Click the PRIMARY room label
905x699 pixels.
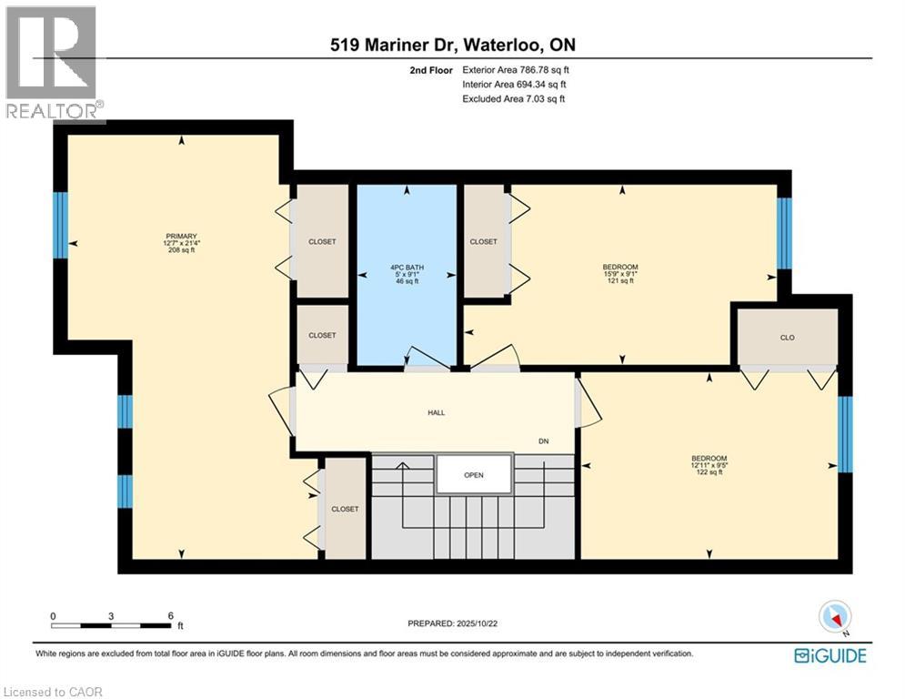(x=181, y=236)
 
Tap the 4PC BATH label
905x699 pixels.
(x=407, y=268)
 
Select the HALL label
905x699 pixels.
(x=437, y=412)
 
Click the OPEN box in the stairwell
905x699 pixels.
(x=474, y=475)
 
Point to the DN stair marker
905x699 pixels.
(x=544, y=441)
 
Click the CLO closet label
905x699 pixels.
(x=788, y=338)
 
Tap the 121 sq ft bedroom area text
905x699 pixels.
(x=621, y=281)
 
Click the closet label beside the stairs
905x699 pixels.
(x=345, y=509)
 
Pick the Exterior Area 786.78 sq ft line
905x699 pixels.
(x=516, y=69)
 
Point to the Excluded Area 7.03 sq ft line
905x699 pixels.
(x=514, y=98)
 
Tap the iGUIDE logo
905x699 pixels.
(x=830, y=655)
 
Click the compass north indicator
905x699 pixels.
(x=834, y=617)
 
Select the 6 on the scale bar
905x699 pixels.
(x=170, y=615)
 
